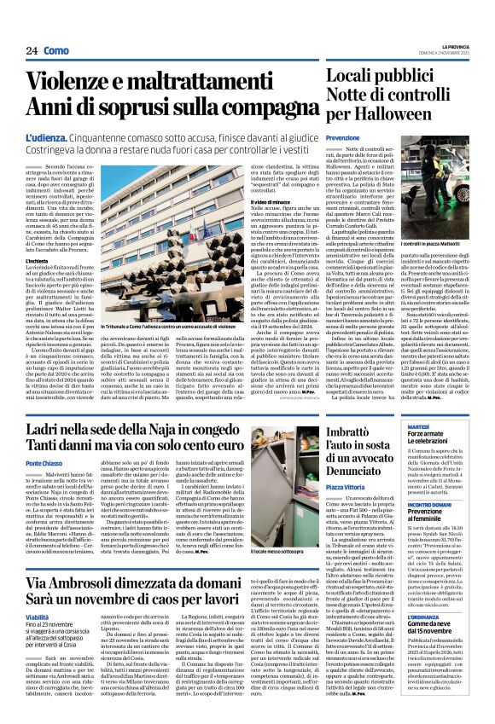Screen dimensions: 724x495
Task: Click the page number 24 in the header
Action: (32, 51)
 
